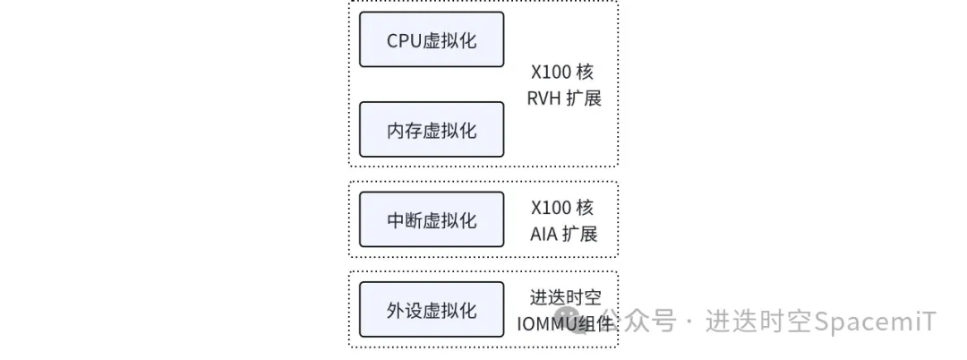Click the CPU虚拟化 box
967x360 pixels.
pyautogui.click(x=432, y=39)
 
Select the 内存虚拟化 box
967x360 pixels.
pyautogui.click(x=432, y=130)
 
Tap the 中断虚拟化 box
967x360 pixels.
pyautogui.click(x=432, y=219)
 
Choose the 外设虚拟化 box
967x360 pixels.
pyautogui.click(x=432, y=310)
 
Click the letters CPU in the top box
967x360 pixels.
pyautogui.click(x=404, y=40)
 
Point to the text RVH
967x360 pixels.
pyautogui.click(x=543, y=99)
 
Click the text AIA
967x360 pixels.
pyautogui.click(x=543, y=235)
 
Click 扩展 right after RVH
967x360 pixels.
pyautogui.click(x=582, y=99)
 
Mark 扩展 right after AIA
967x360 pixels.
pyautogui.click(x=580, y=235)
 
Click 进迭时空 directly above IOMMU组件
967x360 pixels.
pyautogui.click(x=565, y=297)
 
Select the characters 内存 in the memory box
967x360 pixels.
pyautogui.click(x=405, y=131)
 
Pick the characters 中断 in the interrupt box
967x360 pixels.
pyautogui.click(x=405, y=220)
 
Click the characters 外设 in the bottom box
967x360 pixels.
pyautogui.click(x=405, y=311)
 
